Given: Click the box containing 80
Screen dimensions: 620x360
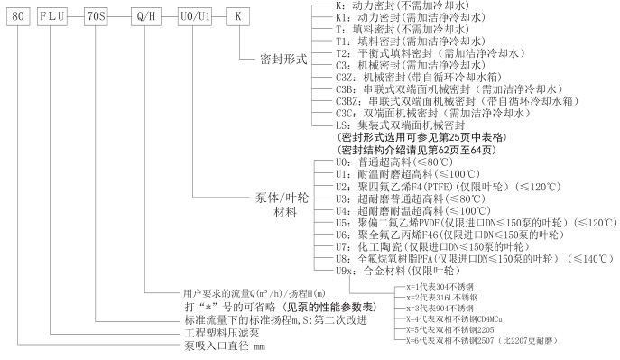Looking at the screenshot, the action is point(18,16).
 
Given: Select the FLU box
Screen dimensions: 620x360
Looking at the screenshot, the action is point(52,16).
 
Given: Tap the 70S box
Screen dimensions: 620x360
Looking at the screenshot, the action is point(96,16).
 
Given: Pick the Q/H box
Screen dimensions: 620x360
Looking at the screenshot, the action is point(146,16).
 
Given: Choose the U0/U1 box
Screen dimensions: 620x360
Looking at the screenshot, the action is point(195,16).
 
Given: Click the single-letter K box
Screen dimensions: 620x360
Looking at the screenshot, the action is point(237,16).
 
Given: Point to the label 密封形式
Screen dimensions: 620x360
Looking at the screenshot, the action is point(283,60).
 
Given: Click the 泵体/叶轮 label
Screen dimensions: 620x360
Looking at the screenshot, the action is point(282,198).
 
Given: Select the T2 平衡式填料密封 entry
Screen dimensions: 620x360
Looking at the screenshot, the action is point(430,53).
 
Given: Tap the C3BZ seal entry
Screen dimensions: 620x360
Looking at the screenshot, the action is point(458,101).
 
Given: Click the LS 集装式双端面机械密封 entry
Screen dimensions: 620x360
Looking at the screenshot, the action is point(400,125).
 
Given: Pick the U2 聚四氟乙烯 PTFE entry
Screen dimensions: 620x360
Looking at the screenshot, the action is point(449,187).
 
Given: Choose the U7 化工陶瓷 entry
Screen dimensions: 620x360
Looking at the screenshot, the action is point(432,247).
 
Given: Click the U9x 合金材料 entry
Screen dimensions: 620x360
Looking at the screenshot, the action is point(398,271).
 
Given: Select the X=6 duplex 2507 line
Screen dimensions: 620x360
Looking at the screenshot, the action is point(481,340).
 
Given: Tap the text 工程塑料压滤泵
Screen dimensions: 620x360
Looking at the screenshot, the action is point(222,333).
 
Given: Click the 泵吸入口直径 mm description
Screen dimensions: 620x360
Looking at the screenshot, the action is point(225,346).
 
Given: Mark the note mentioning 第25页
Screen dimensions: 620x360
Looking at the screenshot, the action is point(421,137).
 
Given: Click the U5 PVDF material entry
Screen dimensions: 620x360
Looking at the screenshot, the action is point(477,223).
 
